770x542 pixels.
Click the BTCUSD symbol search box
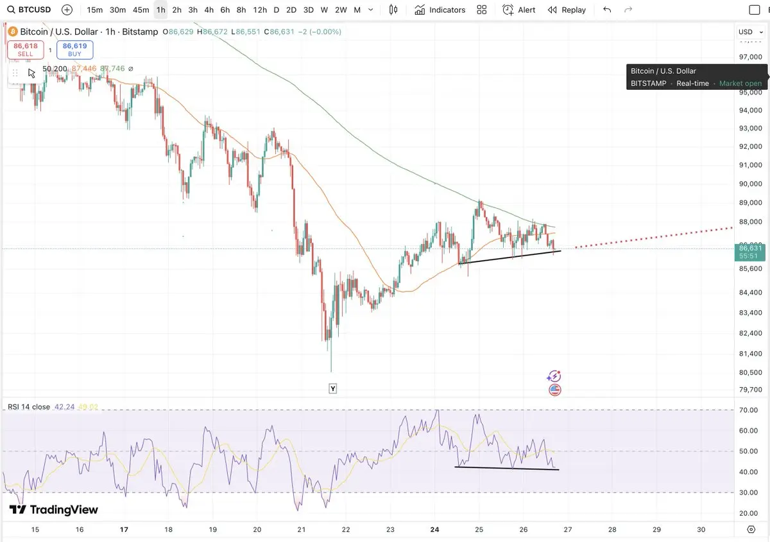point(31,10)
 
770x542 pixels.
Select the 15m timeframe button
point(95,10)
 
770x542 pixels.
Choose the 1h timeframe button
point(160,10)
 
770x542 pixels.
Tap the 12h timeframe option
point(259,10)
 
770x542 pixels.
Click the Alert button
point(519,10)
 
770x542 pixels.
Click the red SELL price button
point(25,50)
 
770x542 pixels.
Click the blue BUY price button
point(75,50)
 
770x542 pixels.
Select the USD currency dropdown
point(748,31)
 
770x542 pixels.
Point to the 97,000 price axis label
point(749,57)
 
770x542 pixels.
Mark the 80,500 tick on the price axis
point(749,372)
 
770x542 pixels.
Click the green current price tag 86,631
point(749,251)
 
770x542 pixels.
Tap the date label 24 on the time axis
point(434,529)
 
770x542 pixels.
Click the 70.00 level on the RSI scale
point(748,410)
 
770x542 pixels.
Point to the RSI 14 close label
point(29,406)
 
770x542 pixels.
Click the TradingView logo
point(54,510)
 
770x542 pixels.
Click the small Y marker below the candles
point(332,389)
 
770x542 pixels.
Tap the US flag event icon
point(555,390)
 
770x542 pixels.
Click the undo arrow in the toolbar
point(607,10)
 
